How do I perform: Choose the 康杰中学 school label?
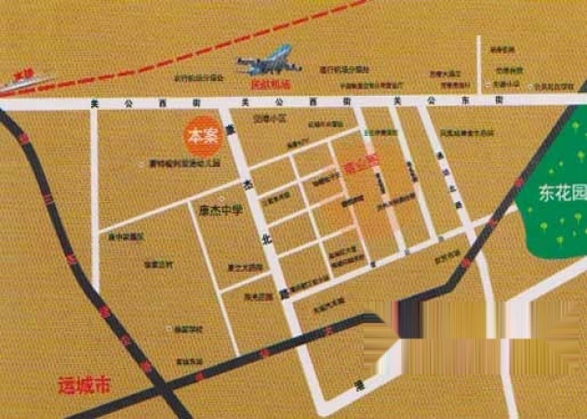(220, 209)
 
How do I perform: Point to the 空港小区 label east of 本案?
(270, 120)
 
